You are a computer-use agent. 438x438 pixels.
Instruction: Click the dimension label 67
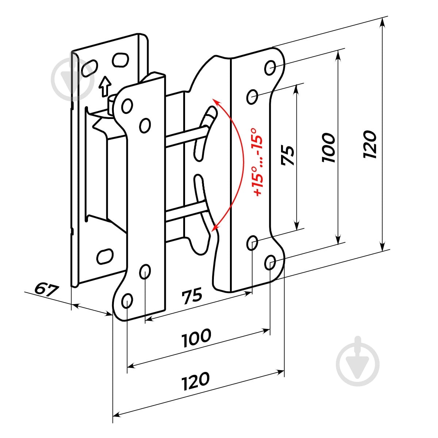tap(47, 289)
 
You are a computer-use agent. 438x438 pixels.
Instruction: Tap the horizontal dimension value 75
tap(192, 296)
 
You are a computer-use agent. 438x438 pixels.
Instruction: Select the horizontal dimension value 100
tap(196, 338)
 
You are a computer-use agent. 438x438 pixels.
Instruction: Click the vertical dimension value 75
tap(288, 155)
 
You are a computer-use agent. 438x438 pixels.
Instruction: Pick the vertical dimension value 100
tap(328, 148)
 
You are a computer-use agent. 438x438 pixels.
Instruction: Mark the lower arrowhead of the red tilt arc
tap(215, 228)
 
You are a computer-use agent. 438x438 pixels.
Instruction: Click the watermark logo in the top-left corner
tap(73, 79)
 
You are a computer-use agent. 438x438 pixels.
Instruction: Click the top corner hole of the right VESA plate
tap(270, 68)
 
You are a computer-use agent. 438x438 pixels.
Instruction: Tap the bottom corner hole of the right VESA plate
tap(270, 262)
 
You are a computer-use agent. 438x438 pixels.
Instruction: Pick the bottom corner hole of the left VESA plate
tap(127, 301)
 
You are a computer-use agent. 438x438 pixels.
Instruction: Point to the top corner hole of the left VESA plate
tap(127, 106)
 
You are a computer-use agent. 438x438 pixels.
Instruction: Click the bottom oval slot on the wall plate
tap(105, 256)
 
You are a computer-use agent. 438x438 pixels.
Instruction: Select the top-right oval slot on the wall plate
tap(120, 60)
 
